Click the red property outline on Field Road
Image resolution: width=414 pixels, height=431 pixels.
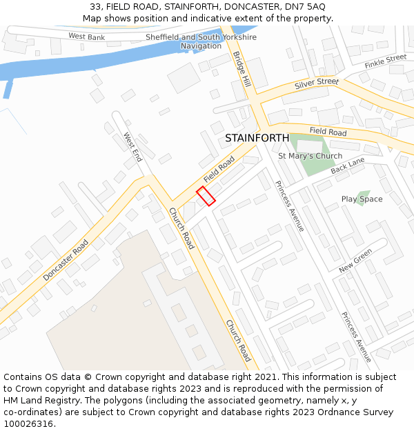pos(206,196)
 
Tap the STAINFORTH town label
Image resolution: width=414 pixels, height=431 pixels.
pos(257,138)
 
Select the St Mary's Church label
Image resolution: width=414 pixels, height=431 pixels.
pos(310,156)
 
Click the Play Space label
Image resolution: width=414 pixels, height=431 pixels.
pos(362,199)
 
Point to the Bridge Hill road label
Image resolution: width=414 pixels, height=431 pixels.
pos(241,68)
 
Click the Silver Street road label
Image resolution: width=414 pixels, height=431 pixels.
pos(317,83)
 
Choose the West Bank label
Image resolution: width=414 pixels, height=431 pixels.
pos(87,36)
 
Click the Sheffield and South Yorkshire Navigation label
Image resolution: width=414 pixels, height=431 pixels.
pos(201,41)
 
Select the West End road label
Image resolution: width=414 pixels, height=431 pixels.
pos(132,147)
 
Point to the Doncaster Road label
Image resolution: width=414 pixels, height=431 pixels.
pos(66,259)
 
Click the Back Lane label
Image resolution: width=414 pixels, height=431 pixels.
pos(347,166)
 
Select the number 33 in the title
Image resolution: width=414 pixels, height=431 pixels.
pos(95,7)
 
